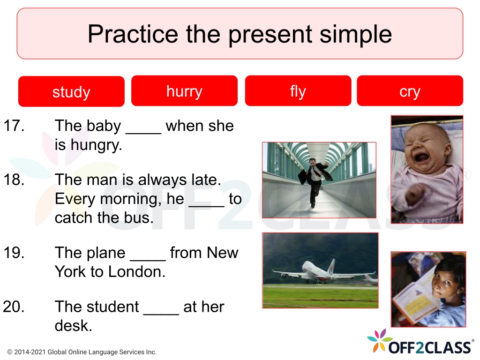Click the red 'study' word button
(71, 91)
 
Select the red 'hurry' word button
(184, 91)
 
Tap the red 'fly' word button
(298, 91)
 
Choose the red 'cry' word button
(410, 91)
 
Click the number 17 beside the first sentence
(14, 126)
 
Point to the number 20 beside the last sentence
(14, 307)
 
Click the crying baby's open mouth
(421, 158)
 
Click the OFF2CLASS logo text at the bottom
(430, 347)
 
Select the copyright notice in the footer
(82, 352)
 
